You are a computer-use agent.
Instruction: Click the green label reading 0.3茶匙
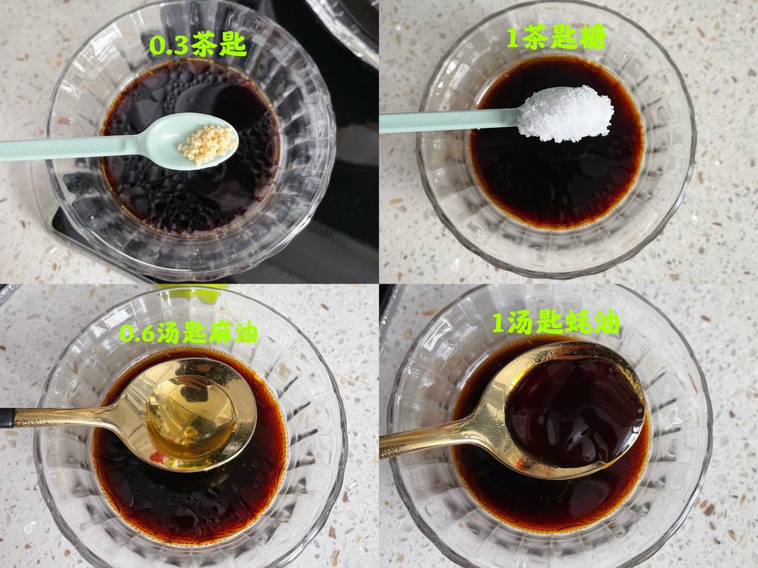pyautogui.click(x=198, y=46)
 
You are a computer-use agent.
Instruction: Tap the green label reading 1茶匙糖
pyautogui.click(x=557, y=37)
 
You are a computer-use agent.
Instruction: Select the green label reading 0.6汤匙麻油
pyautogui.click(x=188, y=332)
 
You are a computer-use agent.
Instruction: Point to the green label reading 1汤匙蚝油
pyautogui.click(x=555, y=322)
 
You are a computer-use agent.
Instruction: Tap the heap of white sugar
pyautogui.click(x=565, y=113)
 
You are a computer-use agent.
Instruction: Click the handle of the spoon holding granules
pyautogui.click(x=72, y=147)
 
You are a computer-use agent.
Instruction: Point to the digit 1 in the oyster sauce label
pyautogui.click(x=498, y=323)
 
